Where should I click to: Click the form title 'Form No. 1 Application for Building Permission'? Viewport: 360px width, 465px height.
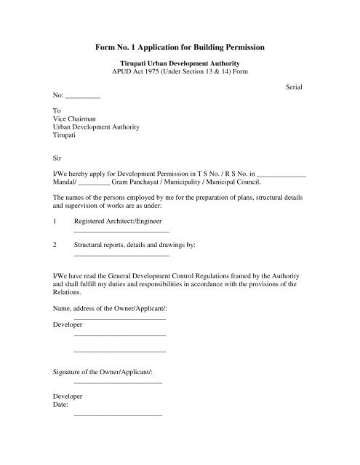click(x=180, y=47)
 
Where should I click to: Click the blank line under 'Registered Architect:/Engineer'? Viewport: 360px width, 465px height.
click(x=121, y=231)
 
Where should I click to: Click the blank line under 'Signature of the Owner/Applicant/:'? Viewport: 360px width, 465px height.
click(x=118, y=382)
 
